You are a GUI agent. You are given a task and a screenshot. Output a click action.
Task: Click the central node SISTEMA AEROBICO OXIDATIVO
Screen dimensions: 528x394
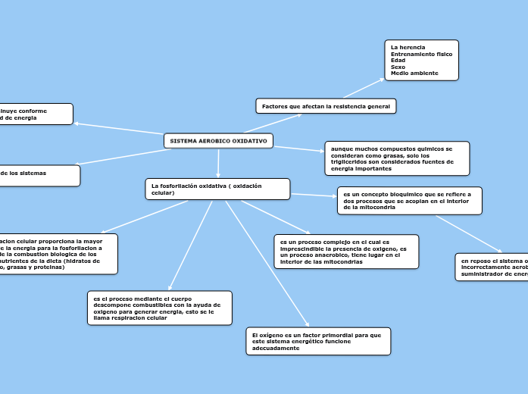(x=218, y=142)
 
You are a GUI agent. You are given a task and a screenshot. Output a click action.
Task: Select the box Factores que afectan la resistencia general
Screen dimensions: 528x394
(x=326, y=107)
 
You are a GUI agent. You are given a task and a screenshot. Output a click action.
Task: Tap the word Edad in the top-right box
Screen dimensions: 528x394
(x=398, y=61)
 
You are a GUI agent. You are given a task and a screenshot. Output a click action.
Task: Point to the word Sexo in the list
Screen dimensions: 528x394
(x=398, y=67)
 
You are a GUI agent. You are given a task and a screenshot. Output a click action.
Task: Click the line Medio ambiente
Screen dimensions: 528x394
(x=413, y=73)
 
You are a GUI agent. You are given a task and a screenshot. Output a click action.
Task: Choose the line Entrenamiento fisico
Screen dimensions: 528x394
(x=421, y=55)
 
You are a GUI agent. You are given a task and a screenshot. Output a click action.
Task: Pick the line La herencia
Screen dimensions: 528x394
(x=408, y=48)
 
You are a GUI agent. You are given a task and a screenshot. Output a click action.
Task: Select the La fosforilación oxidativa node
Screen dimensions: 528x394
(x=217, y=189)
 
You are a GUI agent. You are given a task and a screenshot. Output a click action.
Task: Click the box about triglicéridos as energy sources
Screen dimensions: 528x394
(x=396, y=158)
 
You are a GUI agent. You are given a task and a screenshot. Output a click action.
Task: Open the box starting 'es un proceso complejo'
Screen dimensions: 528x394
(x=345, y=252)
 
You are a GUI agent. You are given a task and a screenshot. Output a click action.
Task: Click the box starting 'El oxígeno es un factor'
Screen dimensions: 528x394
(x=318, y=341)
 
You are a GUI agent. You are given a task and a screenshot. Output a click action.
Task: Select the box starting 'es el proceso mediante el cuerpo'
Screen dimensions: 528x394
(x=158, y=308)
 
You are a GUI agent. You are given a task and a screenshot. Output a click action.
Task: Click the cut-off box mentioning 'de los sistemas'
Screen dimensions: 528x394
(x=38, y=175)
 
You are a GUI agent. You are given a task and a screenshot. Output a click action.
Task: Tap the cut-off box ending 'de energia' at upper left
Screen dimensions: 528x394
(x=36, y=114)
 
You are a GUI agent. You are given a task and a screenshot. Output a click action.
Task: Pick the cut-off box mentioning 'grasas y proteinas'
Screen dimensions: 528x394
(x=57, y=253)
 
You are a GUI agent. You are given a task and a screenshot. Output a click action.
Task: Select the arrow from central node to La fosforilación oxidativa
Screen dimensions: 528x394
(x=218, y=164)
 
